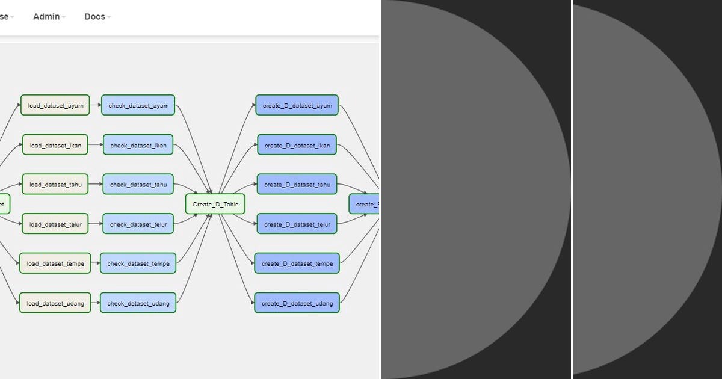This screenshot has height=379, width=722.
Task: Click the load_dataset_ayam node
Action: (55, 105)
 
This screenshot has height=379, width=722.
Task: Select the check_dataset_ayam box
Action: (138, 105)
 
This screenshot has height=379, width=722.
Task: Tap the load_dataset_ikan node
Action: (55, 145)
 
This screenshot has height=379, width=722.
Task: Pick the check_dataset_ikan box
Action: (138, 145)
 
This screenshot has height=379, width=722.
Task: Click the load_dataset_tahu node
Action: (55, 184)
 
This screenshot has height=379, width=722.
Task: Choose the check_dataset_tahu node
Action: (138, 184)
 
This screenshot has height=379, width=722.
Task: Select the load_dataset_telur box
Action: (55, 224)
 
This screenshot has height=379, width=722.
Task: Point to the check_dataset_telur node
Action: (138, 224)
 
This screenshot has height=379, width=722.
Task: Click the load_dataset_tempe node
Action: (55, 263)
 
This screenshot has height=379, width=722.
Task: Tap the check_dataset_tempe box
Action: (138, 263)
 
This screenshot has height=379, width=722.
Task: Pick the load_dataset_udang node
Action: (55, 303)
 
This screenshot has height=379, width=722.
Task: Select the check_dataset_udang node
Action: (138, 303)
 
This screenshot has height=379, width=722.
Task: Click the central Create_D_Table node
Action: (215, 204)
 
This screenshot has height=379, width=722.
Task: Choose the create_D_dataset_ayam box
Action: (297, 105)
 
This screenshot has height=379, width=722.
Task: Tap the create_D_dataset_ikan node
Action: (297, 145)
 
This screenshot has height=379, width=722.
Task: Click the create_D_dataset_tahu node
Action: (297, 184)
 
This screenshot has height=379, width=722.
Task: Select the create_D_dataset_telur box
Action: (297, 224)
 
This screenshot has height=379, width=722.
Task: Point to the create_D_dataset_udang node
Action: (297, 303)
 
